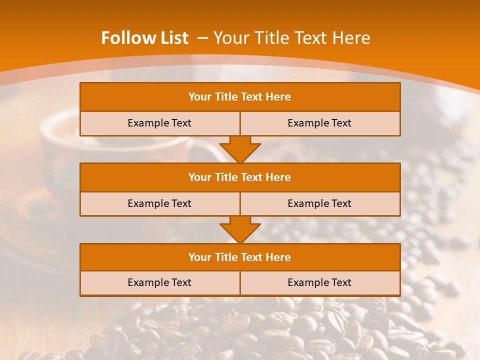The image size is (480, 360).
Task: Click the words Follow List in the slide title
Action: tap(144, 38)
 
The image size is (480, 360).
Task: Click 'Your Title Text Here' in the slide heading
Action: tap(291, 38)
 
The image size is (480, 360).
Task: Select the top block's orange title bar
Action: tap(240, 97)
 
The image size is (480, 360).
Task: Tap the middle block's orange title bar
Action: tap(240, 177)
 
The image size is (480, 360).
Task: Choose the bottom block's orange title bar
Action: tap(240, 257)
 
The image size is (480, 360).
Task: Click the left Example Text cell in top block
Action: tap(159, 123)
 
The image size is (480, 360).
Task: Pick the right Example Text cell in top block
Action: tap(319, 123)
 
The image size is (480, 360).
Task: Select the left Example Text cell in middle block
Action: tap(159, 203)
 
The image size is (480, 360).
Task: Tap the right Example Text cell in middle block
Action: tap(319, 203)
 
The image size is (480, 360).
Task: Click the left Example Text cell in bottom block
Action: tap(159, 282)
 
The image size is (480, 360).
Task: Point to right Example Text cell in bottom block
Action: tap(319, 282)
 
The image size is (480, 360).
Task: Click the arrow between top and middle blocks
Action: tap(240, 149)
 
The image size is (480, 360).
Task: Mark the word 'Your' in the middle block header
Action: tap(200, 177)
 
